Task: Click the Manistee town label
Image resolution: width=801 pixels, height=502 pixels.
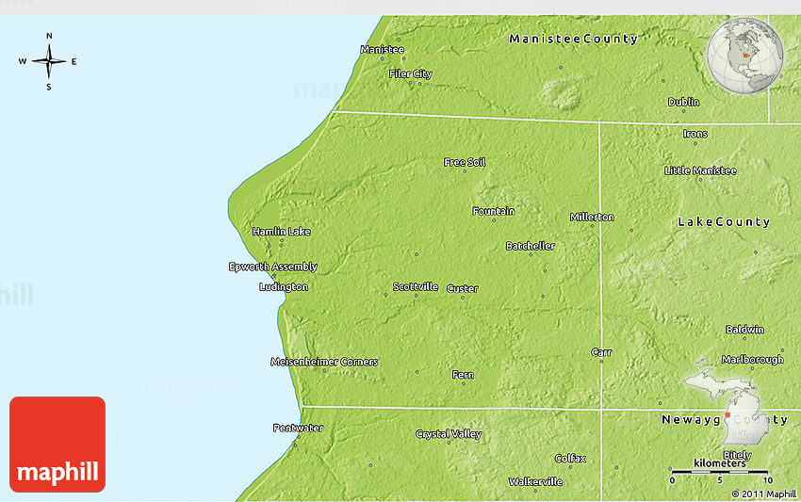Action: (x=382, y=49)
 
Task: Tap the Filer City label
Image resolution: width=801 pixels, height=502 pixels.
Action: (x=410, y=73)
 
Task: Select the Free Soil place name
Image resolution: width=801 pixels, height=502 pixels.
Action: (x=465, y=162)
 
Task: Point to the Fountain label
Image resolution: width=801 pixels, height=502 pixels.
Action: (x=493, y=211)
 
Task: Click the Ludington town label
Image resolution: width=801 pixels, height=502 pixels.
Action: (x=283, y=286)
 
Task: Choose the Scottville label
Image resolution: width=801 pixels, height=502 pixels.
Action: (x=416, y=286)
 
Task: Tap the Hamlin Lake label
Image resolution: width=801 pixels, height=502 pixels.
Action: (x=281, y=231)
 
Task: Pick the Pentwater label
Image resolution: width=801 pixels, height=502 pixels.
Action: (x=298, y=428)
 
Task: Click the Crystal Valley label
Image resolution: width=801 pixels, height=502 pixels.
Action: (x=449, y=434)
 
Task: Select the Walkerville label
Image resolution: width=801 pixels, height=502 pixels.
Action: (x=535, y=481)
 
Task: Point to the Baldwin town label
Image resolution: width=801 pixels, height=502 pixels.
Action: (x=744, y=330)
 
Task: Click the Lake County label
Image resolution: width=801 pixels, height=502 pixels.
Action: (x=724, y=222)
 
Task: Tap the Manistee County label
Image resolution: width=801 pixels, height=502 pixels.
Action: (x=573, y=39)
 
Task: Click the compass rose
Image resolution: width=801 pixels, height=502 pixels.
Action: (x=49, y=62)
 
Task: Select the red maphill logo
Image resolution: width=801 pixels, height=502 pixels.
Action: (x=57, y=445)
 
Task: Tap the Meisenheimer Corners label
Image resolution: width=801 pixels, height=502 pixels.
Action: (x=324, y=362)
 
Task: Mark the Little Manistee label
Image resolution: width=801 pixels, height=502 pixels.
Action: (x=700, y=170)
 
